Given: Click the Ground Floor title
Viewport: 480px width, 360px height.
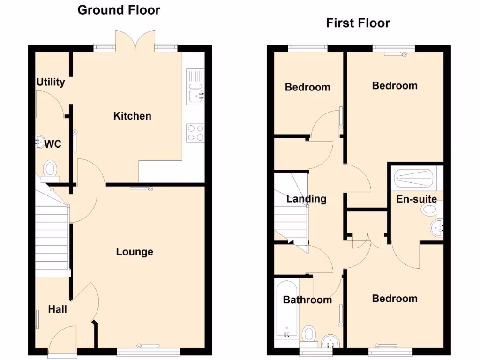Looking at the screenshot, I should click(119, 10).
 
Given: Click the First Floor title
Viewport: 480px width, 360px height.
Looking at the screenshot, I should click(358, 23).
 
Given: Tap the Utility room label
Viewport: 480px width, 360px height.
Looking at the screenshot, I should click(51, 82).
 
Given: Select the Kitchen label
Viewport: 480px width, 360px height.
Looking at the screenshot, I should click(132, 116).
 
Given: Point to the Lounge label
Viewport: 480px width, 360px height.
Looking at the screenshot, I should click(135, 252).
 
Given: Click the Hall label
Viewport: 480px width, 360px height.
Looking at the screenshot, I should click(57, 309).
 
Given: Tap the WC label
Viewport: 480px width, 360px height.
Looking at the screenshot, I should click(53, 144).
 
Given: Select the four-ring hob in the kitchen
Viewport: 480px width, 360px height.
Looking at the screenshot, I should click(195, 132).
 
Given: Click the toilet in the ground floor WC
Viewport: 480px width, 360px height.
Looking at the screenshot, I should click(50, 170).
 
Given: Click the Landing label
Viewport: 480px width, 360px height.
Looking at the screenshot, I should click(306, 199).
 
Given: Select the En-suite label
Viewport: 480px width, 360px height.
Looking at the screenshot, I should click(416, 199).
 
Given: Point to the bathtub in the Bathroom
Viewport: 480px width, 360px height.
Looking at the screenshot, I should click(285, 309).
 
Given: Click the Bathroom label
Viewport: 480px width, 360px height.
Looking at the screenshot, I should click(307, 300).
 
